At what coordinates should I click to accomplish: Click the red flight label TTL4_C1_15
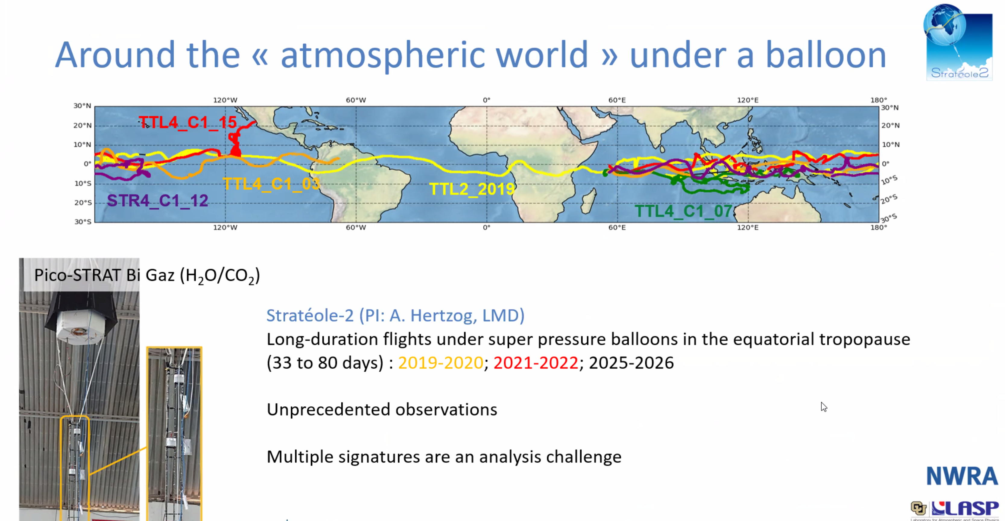pyautogui.click(x=188, y=122)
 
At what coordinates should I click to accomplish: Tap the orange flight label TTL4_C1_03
pyautogui.click(x=272, y=183)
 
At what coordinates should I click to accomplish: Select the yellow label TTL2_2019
pyautogui.click(x=472, y=189)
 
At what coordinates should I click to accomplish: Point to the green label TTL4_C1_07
pyautogui.click(x=684, y=211)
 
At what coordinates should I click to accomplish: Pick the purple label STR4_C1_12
pyautogui.click(x=158, y=201)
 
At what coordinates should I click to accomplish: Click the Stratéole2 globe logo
pyautogui.click(x=958, y=42)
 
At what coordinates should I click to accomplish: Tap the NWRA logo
pyautogui.click(x=962, y=476)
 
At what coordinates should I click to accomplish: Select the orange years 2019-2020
pyautogui.click(x=441, y=363)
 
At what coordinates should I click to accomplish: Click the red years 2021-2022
pyautogui.click(x=536, y=363)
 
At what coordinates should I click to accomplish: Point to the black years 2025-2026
pyautogui.click(x=631, y=363)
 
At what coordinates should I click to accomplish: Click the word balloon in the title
pyautogui.click(x=826, y=55)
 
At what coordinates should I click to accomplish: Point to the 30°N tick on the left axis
pyautogui.click(x=82, y=106)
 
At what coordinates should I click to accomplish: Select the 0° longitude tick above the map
pyautogui.click(x=486, y=100)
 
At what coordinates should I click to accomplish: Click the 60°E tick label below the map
pyautogui.click(x=617, y=227)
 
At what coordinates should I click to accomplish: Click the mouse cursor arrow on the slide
pyautogui.click(x=823, y=407)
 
